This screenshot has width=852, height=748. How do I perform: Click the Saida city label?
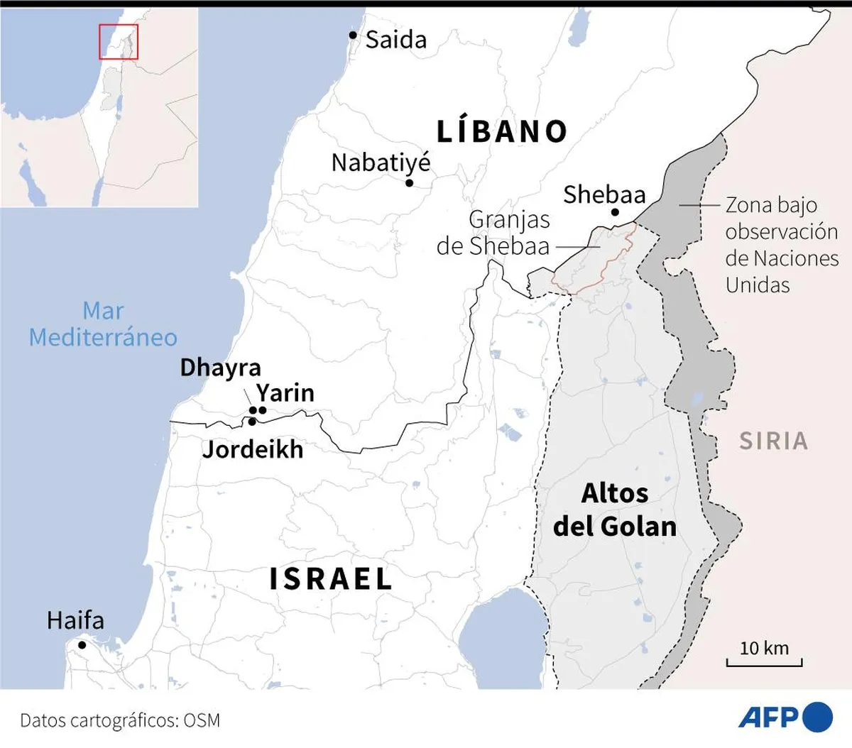[x=396, y=40]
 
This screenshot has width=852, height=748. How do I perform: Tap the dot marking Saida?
[x=353, y=35]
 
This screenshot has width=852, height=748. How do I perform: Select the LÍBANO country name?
[x=502, y=132]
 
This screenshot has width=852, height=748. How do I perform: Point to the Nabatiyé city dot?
[x=410, y=183]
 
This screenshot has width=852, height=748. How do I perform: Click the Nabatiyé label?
[x=381, y=163]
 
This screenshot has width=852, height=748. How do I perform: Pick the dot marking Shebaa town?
[x=615, y=212]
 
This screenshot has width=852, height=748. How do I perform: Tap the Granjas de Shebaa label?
[x=494, y=233]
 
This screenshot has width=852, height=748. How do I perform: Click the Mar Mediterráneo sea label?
[x=103, y=324]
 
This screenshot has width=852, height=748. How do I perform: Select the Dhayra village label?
[x=220, y=368]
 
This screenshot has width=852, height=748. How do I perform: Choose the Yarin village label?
[x=285, y=393]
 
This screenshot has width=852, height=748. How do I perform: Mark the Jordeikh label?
[x=253, y=449]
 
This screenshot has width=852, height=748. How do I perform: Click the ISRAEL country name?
[x=331, y=579]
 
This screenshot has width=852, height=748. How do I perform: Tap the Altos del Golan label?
[x=615, y=510]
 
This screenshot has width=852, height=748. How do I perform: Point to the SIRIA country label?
[x=774, y=441]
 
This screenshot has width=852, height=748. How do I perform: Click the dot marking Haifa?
[x=82, y=645]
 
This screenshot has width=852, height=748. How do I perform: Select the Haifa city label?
[x=75, y=621]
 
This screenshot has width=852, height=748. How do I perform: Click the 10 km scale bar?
[x=764, y=662]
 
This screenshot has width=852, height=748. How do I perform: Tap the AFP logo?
[x=785, y=717]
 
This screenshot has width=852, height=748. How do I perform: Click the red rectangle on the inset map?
[x=119, y=42]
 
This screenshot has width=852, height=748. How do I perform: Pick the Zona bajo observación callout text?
[x=781, y=245]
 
